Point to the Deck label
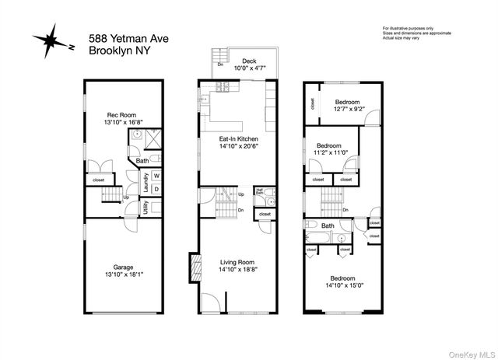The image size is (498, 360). tap(249, 61)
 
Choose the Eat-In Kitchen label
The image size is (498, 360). tap(238, 139)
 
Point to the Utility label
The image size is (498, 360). tap(146, 207)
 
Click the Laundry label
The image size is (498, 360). tap(146, 181)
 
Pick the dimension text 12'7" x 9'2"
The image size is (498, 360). tap(348, 110)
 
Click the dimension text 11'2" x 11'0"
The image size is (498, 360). tap(330, 152)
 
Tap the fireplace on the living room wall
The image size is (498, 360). tap(193, 268)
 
